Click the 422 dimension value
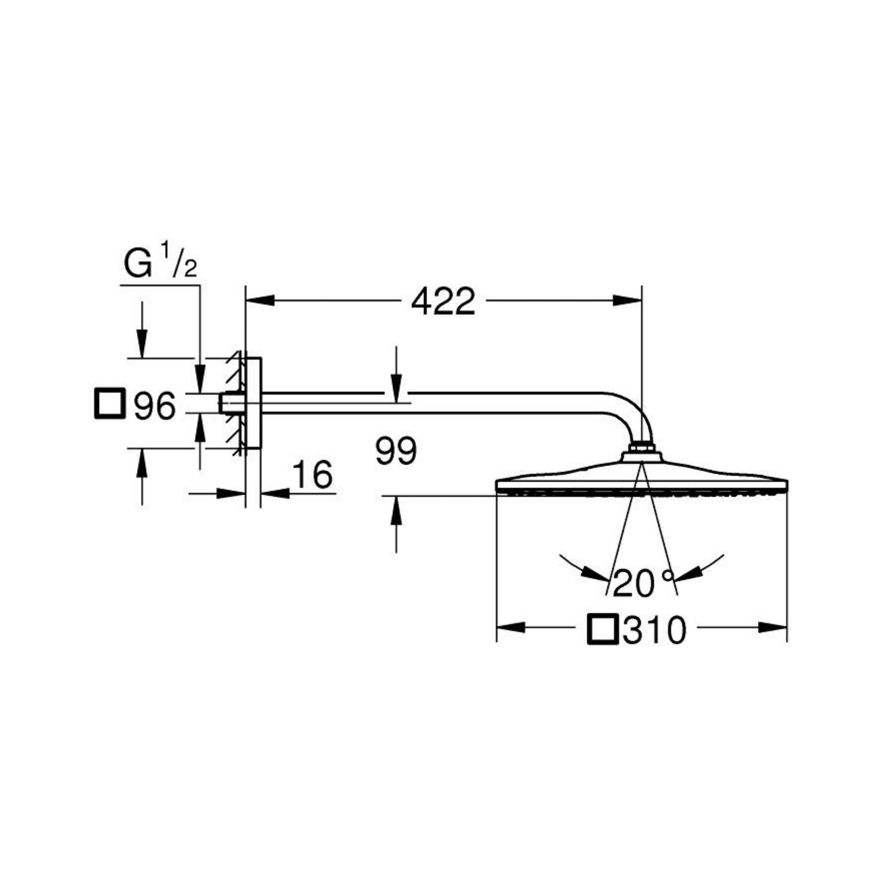[443, 301]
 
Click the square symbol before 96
[109, 403]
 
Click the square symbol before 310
[603, 629]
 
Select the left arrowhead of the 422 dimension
[260, 301]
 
